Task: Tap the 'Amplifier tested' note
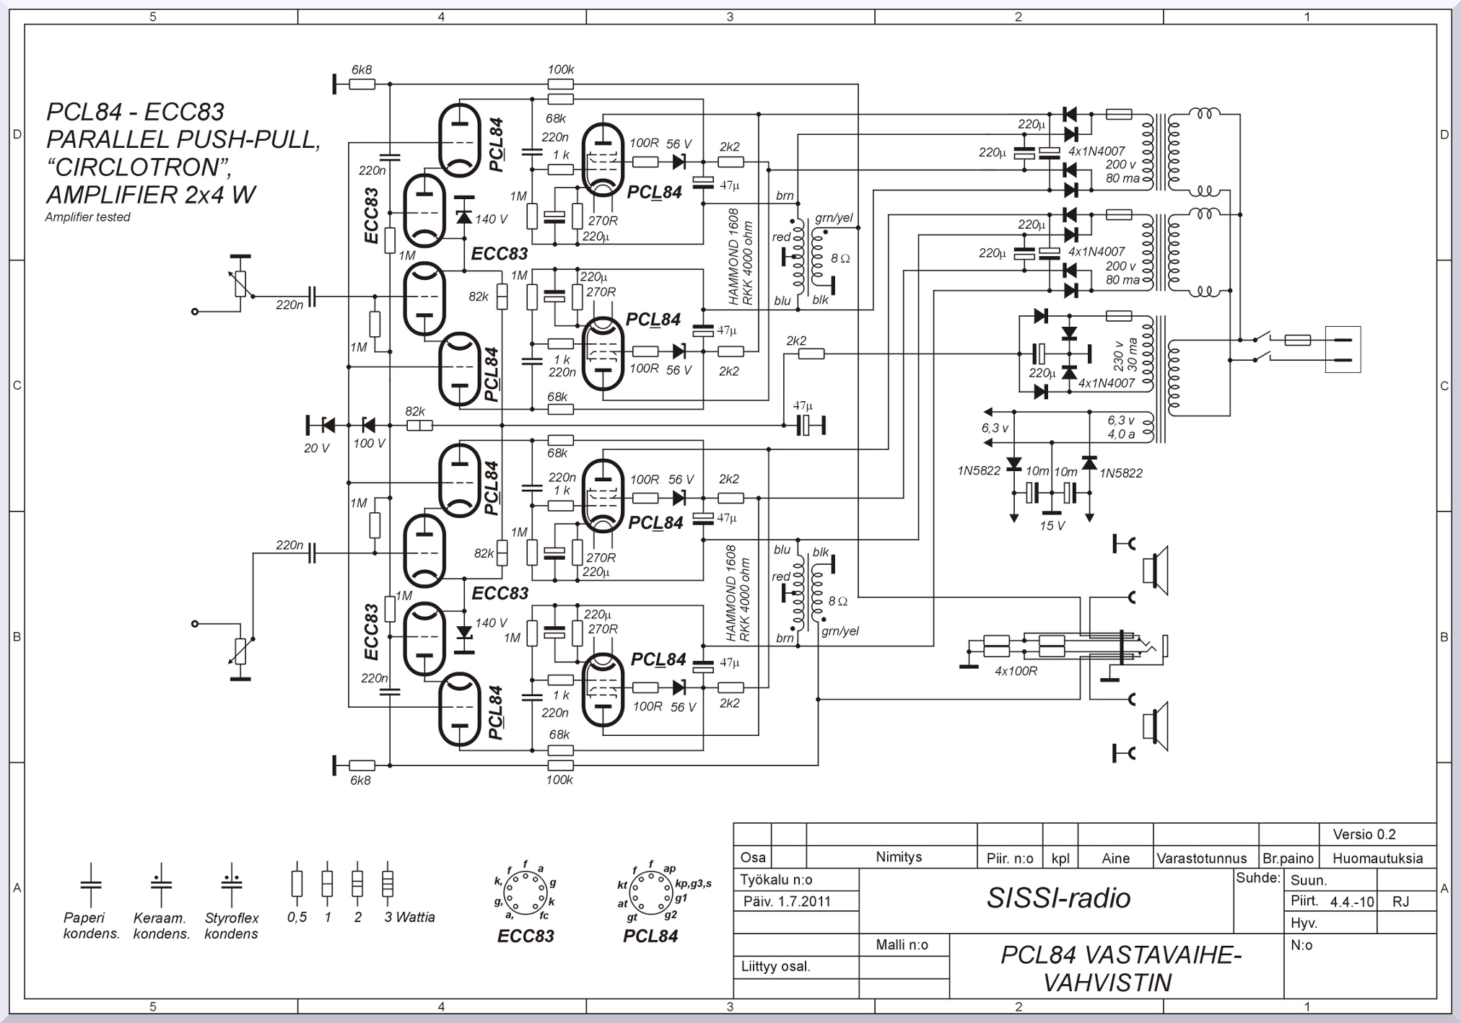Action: click(x=87, y=217)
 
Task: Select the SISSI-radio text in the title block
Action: click(x=1058, y=898)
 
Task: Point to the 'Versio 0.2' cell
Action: click(x=1364, y=835)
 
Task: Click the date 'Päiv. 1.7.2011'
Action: click(x=788, y=902)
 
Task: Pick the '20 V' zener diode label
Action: click(x=316, y=449)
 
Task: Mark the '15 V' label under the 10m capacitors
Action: click(x=1052, y=526)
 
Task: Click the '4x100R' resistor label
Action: click(x=1016, y=671)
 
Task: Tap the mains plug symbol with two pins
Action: click(x=1343, y=349)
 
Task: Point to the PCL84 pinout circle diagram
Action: click(x=650, y=892)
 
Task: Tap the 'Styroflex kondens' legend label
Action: click(x=231, y=926)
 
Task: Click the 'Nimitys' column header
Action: click(x=899, y=857)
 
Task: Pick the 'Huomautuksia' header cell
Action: click(x=1377, y=859)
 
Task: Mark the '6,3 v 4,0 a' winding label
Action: click(x=1121, y=428)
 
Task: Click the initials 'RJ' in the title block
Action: click(x=1401, y=902)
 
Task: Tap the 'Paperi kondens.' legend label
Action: click(x=91, y=926)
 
